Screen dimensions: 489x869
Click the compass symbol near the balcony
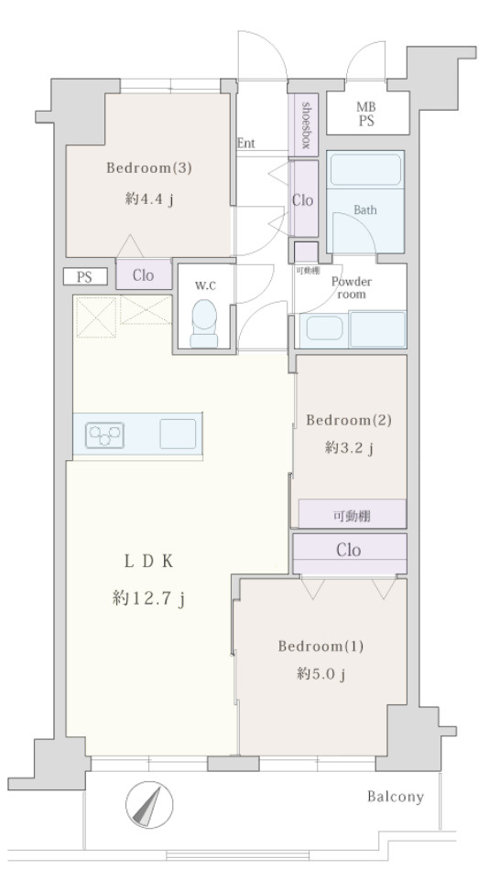[149, 805]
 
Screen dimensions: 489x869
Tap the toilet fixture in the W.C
[203, 323]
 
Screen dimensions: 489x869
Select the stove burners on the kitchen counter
[104, 434]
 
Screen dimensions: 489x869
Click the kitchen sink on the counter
[178, 434]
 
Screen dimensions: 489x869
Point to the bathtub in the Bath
[365, 170]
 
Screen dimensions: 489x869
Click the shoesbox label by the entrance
[305, 125]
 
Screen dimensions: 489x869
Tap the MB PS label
[366, 114]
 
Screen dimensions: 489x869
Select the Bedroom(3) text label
[149, 168]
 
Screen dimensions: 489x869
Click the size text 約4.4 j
[149, 199]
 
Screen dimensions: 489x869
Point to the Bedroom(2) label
[349, 420]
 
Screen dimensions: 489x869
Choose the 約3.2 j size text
[349, 448]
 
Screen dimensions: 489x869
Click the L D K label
[148, 562]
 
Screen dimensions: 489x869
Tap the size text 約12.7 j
[148, 598]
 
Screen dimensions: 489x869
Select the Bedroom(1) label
[321, 646]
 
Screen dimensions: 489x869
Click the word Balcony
[396, 797]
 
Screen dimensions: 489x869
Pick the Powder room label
[352, 287]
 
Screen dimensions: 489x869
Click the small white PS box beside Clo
[84, 276]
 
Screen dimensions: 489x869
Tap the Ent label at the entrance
[246, 143]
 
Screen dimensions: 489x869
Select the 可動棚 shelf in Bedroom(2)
[352, 514]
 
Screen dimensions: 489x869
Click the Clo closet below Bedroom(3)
[143, 274]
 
